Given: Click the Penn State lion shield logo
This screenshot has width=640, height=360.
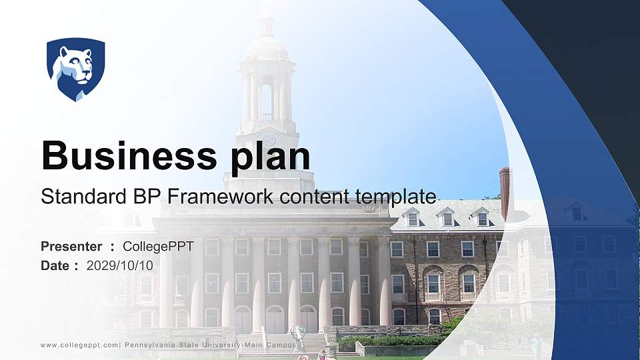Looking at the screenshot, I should click(x=75, y=68).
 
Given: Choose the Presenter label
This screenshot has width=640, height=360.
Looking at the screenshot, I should click(x=71, y=247).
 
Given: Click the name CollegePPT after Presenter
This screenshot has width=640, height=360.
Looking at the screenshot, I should click(x=158, y=247).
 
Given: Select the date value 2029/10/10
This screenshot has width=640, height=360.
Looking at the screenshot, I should click(x=120, y=265).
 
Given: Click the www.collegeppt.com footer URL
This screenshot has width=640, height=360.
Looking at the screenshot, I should click(x=79, y=345).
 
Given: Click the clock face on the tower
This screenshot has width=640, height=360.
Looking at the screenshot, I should click(x=269, y=140).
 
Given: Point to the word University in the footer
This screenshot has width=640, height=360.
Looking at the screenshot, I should click(x=214, y=345).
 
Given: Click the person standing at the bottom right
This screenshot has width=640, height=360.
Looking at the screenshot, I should click(x=536, y=346).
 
